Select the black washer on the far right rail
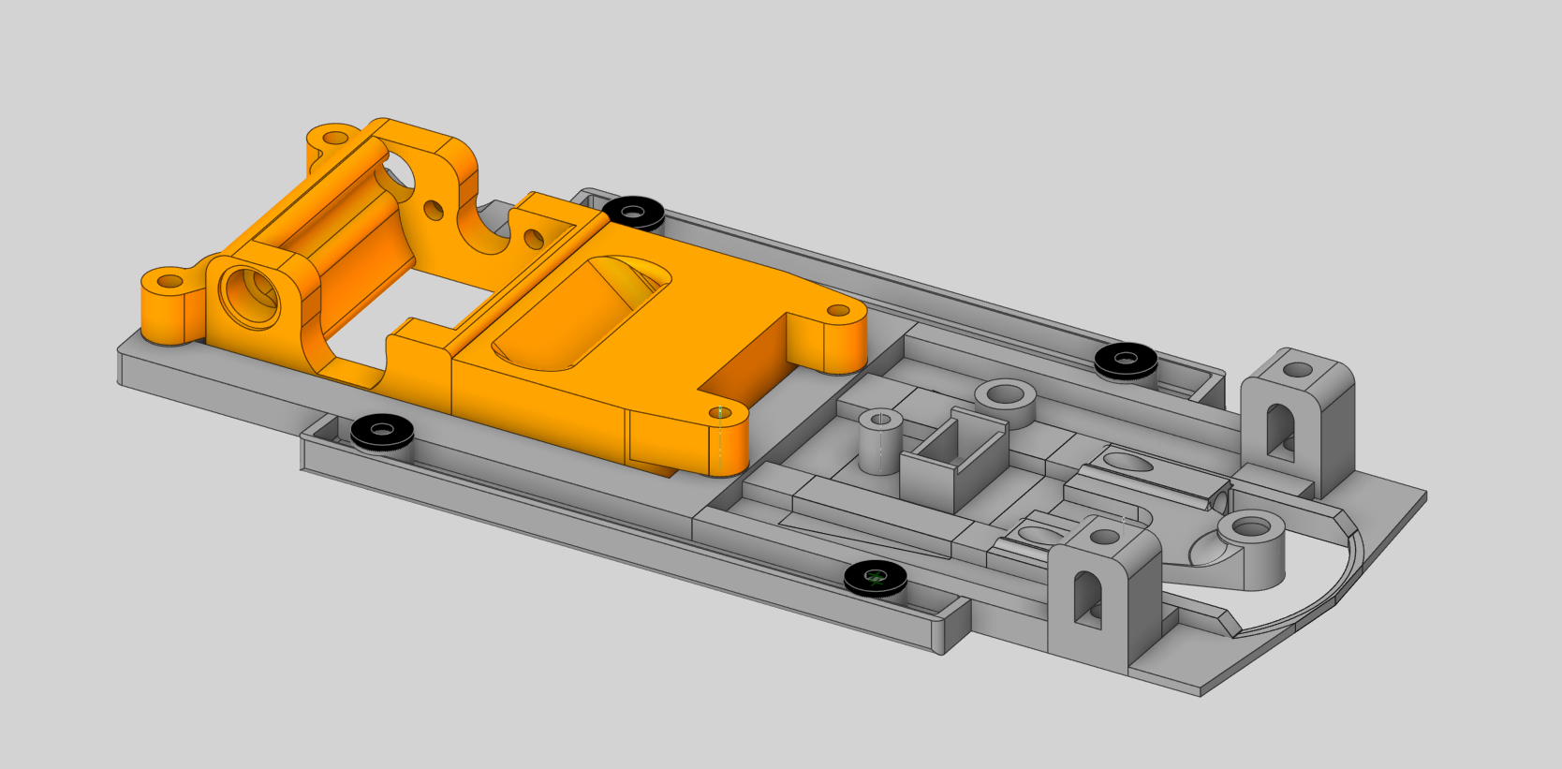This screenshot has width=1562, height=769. pyautogui.click(x=1126, y=360)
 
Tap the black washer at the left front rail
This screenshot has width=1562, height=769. pyautogui.click(x=383, y=431)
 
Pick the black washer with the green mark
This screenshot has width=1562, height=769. pyautogui.click(x=876, y=578)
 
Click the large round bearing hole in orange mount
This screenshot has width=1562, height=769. pyautogui.click(x=249, y=293)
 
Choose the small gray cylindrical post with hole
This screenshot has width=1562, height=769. pyautogui.click(x=879, y=441)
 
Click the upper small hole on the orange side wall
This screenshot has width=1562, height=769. pyautogui.click(x=433, y=209)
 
